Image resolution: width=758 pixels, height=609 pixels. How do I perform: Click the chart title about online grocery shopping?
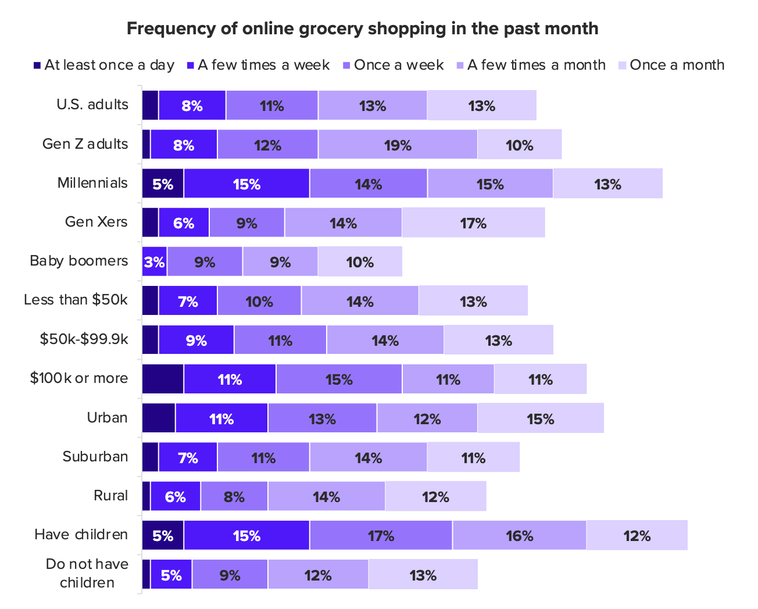362,28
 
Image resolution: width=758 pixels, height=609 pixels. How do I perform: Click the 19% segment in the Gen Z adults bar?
398,145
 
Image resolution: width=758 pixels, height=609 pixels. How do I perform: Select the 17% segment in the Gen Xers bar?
473,223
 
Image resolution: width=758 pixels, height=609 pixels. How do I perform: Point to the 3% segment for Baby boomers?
155,262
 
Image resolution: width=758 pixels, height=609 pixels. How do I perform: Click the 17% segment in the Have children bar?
381,535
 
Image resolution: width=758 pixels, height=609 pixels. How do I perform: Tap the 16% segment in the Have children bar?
519,535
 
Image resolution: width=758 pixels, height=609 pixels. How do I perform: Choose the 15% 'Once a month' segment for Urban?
541,418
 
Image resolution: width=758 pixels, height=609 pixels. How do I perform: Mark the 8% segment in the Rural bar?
234,497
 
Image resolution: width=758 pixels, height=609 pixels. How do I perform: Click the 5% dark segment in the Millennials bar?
163,184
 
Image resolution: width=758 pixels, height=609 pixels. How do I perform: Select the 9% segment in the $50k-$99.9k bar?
196,341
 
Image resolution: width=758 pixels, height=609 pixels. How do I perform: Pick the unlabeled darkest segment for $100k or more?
163,379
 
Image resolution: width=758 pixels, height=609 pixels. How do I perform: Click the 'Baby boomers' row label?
79,261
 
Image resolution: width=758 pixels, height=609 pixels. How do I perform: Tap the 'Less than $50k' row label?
76,300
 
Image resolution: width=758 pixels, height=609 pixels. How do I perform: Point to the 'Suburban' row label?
95,457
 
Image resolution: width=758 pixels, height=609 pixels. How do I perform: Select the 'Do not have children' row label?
87,573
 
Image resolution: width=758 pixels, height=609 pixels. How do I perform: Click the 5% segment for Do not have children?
171,575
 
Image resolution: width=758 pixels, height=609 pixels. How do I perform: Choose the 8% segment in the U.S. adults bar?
192,106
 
